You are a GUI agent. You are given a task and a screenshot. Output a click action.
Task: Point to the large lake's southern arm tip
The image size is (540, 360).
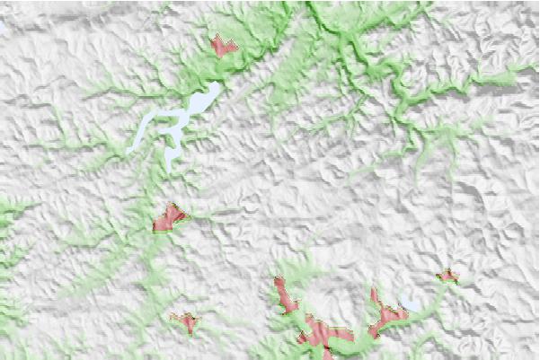[x=171, y=167]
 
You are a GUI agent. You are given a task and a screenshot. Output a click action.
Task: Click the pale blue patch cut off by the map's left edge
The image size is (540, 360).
[x=3, y=27]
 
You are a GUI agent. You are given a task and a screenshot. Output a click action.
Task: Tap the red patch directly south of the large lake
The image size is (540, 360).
[x=168, y=218]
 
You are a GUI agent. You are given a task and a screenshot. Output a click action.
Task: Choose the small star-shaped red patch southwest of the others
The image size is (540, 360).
[x=186, y=320]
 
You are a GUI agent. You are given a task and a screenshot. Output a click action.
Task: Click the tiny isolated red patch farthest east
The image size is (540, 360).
[x=447, y=276]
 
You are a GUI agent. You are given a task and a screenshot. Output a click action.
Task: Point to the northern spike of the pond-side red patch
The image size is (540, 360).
[x=374, y=292]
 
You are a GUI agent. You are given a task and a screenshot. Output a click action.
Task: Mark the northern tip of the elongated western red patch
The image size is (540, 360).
[x=279, y=281]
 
